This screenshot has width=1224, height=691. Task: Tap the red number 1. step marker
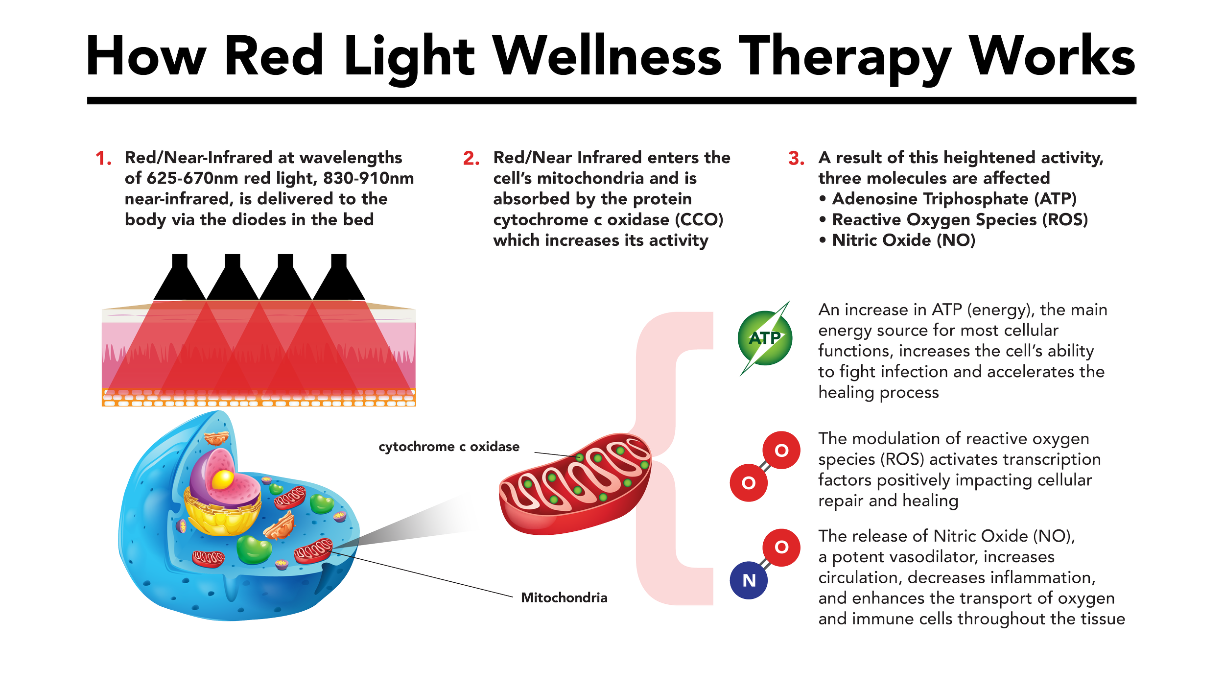tap(103, 159)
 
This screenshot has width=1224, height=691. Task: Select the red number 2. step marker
tap(471, 159)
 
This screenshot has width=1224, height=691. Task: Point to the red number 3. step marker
tap(796, 159)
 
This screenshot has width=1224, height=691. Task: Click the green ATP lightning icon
tap(764, 338)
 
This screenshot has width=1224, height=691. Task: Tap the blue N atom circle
tap(749, 580)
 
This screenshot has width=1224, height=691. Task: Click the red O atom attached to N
tap(781, 547)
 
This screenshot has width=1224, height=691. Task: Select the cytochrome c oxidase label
tap(449, 447)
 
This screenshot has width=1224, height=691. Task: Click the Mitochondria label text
tap(564, 598)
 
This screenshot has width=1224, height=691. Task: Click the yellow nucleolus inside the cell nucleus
tap(223, 479)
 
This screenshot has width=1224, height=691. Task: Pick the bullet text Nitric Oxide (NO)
tap(903, 240)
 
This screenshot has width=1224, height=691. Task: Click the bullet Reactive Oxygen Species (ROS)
tap(960, 219)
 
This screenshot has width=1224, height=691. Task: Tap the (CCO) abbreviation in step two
tap(699, 219)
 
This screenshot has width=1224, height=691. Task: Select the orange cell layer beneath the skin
tap(258, 398)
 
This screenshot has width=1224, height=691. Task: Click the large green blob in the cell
tap(253, 549)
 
